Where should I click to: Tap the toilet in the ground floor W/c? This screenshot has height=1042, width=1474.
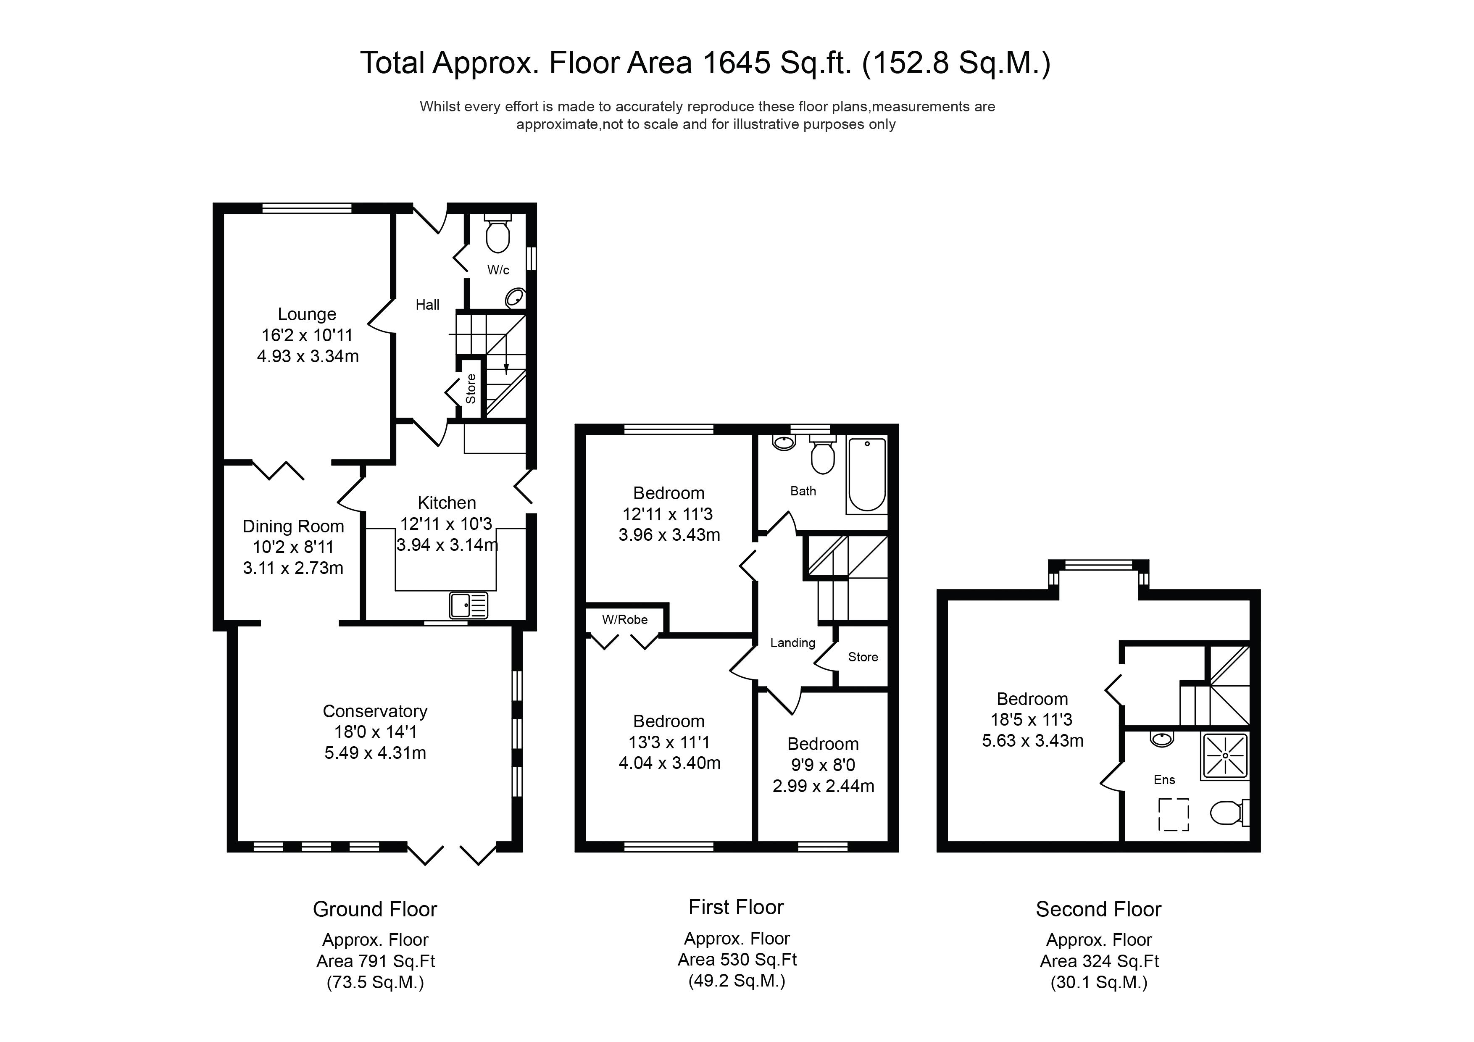point(497,232)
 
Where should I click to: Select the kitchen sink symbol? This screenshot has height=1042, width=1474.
point(469,605)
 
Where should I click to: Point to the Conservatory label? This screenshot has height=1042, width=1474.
point(375,711)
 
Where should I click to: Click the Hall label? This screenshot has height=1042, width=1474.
point(428,305)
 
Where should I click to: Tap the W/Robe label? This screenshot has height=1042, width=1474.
point(625,620)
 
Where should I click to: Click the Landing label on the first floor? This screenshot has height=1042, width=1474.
point(793,643)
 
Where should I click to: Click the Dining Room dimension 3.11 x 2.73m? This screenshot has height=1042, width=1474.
point(293,568)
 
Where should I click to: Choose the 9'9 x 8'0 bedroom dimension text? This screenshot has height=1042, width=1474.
point(823,765)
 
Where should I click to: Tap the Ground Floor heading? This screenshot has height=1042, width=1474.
point(375,909)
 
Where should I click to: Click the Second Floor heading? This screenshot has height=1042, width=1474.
point(1098,909)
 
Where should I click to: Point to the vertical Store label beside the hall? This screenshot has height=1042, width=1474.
point(471,388)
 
